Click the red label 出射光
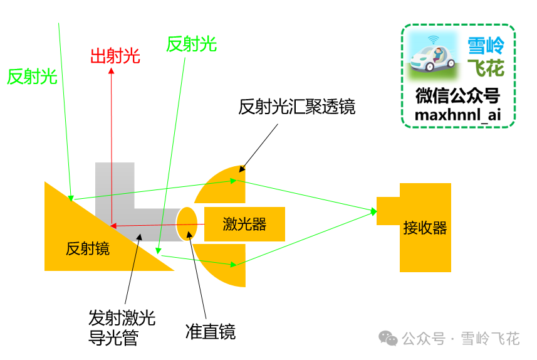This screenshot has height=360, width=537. (x=115, y=56)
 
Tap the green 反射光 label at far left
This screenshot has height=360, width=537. (x=32, y=77)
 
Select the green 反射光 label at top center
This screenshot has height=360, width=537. (x=191, y=44)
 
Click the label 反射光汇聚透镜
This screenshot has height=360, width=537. (x=296, y=107)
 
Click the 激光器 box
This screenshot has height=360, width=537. (x=244, y=224)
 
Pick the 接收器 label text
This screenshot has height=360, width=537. (x=425, y=228)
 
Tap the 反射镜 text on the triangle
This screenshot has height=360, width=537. (x=88, y=249)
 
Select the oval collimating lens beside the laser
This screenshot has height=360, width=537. (x=187, y=223)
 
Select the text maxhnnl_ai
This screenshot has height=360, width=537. (x=457, y=115)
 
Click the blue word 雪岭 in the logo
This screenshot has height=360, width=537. (x=486, y=45)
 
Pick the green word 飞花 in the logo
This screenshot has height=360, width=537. (x=486, y=67)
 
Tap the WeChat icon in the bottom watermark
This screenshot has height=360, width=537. (x=391, y=339)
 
